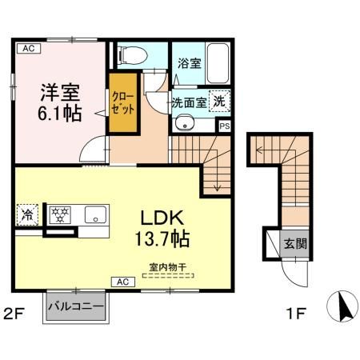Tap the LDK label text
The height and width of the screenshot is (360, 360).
coord(165,218)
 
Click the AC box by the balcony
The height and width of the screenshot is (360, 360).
coord(124,282)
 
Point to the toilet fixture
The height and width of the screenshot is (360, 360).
coord(131,55)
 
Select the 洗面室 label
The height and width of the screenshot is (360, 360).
coord(189,102)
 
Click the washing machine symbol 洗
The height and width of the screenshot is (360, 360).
coord(218,101)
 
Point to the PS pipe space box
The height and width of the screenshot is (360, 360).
coord(225,126)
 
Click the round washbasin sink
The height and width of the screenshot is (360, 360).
coord(183,124)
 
